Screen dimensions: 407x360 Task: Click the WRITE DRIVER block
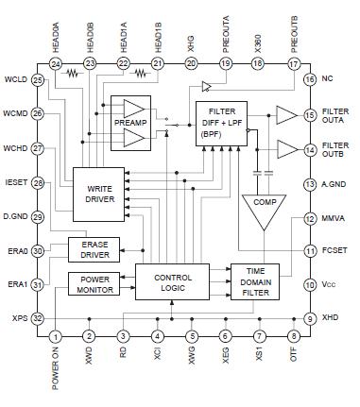(100, 193)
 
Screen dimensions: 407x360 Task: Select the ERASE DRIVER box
(94, 250)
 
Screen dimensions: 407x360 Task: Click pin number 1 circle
(56, 336)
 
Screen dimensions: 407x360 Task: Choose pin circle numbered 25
(38, 80)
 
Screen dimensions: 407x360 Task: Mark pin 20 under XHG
(192, 63)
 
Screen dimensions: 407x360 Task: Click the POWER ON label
(56, 371)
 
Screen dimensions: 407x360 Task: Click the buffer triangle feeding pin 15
(284, 115)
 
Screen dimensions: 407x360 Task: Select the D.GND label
(17, 216)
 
